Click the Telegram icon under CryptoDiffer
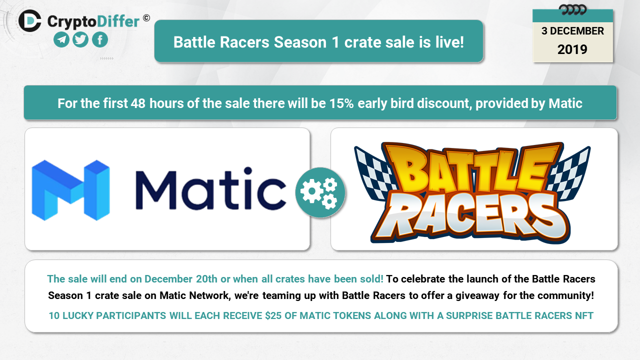tap(61, 39)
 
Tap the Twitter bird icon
tap(80, 39)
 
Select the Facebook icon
tap(100, 39)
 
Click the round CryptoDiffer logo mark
tap(30, 21)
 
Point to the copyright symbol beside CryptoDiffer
tap(146, 18)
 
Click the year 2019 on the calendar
tap(572, 49)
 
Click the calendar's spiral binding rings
tap(573, 9)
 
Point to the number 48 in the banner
tap(138, 103)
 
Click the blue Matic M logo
tap(70, 190)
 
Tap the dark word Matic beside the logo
tap(211, 189)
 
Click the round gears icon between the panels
tap(320, 192)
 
